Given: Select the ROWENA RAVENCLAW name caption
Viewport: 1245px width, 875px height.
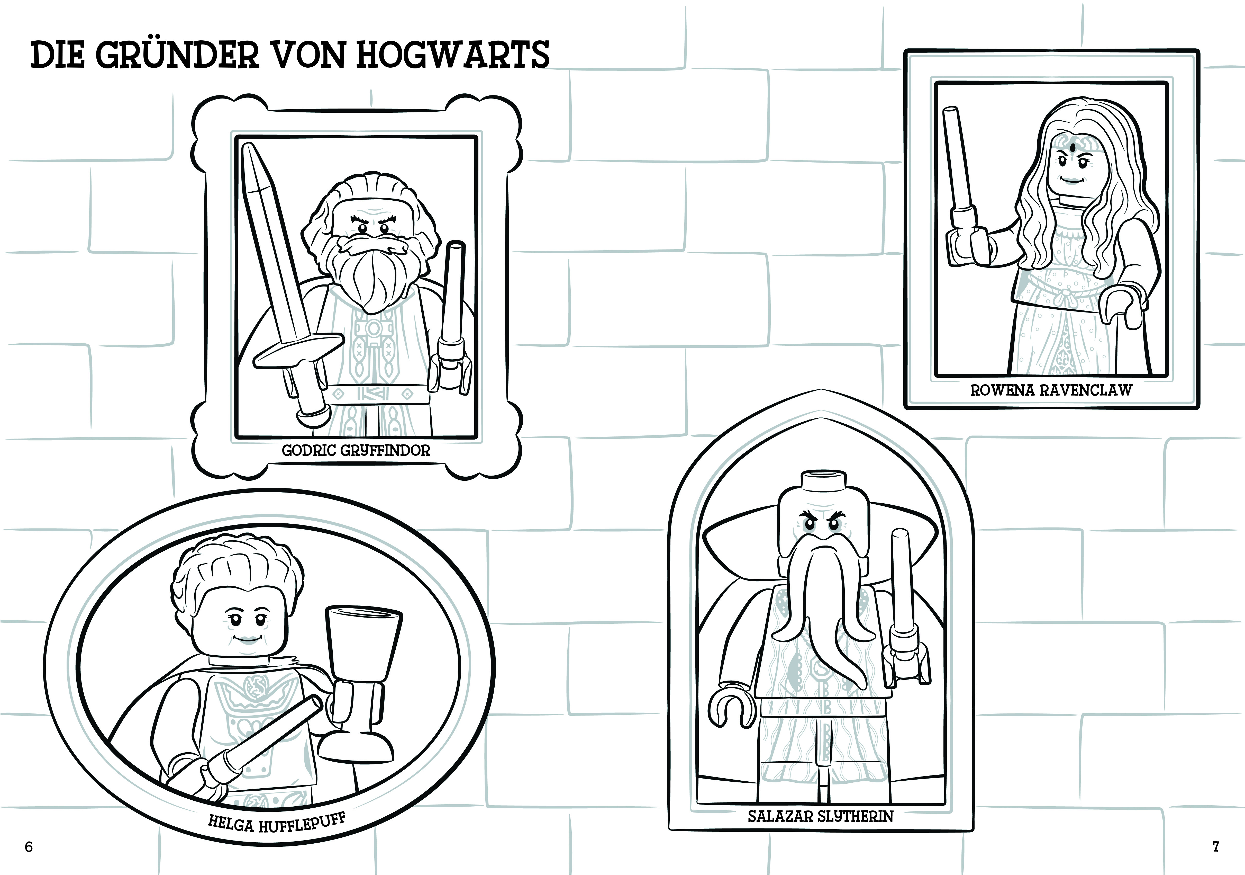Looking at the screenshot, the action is [1051, 390].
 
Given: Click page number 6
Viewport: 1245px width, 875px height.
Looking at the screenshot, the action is [29, 847].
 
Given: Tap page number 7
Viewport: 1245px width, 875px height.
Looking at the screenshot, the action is [1216, 846].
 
